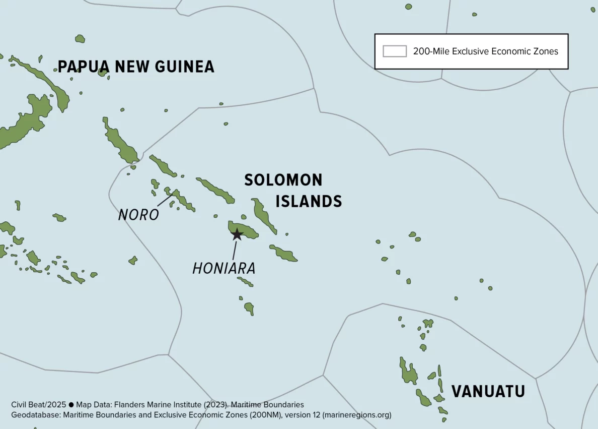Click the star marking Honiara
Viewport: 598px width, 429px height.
236,234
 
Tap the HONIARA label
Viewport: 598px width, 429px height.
224,268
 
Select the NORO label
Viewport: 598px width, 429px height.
138,215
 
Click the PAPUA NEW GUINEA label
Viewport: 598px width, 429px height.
136,67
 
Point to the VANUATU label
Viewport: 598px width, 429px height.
488,391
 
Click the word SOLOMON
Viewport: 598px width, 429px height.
283,180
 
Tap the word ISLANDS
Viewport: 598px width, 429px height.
309,202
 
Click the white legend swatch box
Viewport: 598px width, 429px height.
395,51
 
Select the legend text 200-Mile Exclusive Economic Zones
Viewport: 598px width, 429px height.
485,51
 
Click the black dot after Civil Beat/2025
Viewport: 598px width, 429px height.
71,405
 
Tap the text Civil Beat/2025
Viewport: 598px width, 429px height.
39,405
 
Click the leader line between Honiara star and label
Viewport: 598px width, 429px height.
235,250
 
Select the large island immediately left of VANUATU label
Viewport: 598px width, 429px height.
408,373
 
